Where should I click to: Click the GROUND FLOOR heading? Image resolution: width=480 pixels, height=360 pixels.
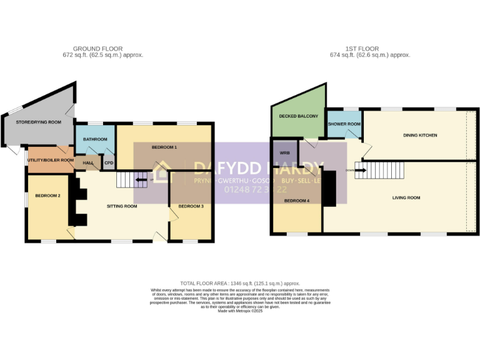97,49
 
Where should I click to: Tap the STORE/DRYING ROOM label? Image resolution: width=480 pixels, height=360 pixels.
39,122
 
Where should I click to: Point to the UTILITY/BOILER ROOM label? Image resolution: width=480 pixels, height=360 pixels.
50,160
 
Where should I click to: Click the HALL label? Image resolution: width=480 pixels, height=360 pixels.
88,162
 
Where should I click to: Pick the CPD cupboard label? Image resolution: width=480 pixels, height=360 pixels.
109,162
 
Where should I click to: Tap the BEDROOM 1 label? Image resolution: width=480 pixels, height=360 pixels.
164,147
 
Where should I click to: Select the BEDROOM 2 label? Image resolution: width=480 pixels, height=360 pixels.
47,196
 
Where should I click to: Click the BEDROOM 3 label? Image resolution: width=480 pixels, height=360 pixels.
191,206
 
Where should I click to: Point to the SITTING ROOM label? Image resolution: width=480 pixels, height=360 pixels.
121,206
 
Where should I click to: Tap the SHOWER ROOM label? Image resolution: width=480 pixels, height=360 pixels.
344,124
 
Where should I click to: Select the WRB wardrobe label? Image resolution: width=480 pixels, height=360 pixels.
285,152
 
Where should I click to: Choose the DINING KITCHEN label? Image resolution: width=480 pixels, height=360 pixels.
419,135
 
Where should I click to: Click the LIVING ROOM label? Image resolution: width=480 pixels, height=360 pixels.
406,198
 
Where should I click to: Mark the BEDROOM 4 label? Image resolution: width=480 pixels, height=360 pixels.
297,201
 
